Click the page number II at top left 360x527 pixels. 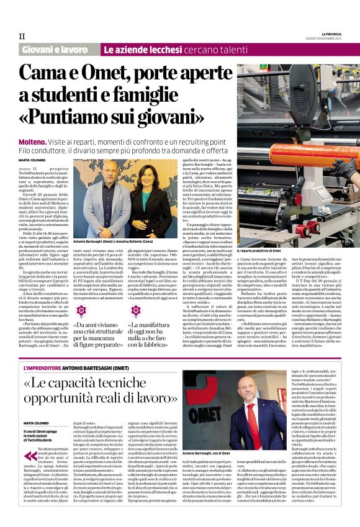tap(22, 36)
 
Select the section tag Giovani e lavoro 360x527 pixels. tap(55, 49)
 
